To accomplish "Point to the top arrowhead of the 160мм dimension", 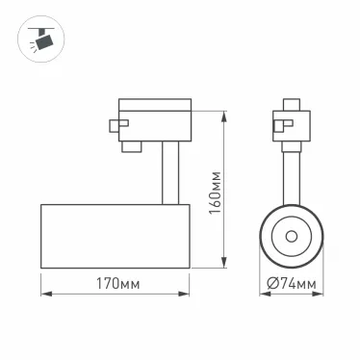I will (x=224, y=101).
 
